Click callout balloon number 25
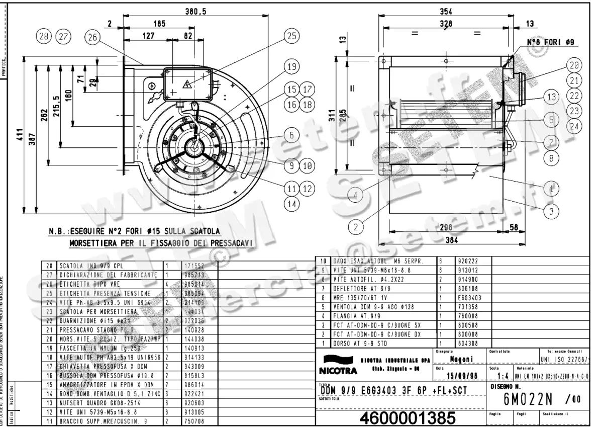291,36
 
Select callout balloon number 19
291,66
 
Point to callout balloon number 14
291,204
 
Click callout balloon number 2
355,227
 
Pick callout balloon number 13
551,97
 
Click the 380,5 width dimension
196,12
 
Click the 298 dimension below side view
445,228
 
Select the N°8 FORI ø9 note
550,43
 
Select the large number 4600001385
408,418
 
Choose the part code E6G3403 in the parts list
468,297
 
